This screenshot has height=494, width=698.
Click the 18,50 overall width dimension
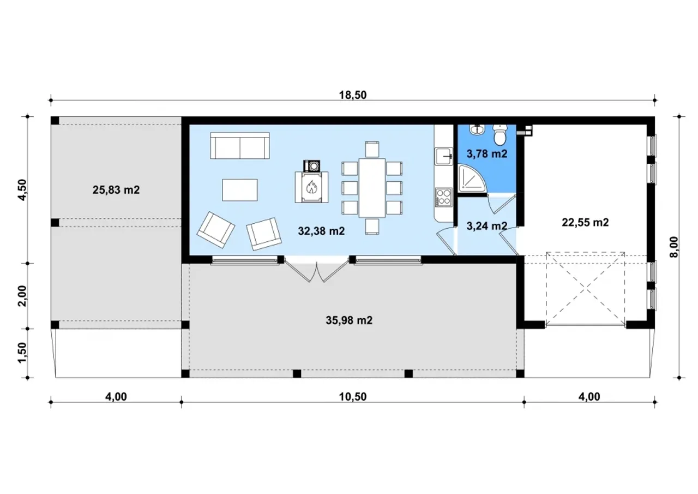353,95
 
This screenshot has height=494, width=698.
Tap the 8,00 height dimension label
673,247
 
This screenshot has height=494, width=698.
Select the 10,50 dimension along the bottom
353,397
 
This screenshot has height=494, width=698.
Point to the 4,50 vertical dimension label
23,189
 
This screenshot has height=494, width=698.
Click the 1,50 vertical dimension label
23,353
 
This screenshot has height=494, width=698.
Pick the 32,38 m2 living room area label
321,231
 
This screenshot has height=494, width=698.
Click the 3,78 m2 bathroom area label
487,154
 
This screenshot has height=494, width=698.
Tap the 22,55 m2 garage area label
585,222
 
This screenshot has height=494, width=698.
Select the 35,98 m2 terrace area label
349,320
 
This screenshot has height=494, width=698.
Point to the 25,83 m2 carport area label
116,189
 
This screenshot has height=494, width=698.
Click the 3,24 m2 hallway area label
487,226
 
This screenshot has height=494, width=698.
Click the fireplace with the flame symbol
311,187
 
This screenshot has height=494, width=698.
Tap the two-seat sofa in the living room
240,145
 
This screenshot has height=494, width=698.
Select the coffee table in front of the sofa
240,190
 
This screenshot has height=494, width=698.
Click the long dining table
372,188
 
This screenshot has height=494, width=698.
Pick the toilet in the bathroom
500,135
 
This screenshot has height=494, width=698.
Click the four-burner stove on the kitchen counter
443,197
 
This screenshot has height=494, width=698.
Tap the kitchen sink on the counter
444,156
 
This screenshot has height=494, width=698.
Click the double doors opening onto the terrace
317,270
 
